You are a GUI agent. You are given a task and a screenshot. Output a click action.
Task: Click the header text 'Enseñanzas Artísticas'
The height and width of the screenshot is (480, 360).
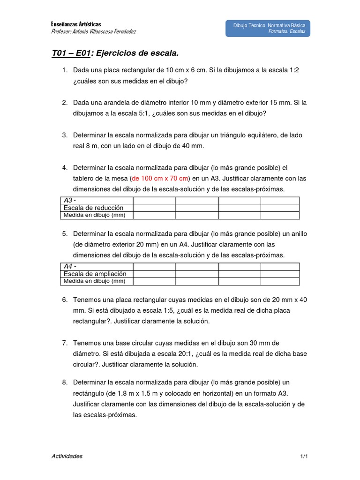[75, 24]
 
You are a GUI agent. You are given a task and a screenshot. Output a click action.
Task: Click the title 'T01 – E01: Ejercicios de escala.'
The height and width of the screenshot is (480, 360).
[115, 53]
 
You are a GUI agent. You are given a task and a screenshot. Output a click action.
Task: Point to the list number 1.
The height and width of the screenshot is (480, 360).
[64, 70]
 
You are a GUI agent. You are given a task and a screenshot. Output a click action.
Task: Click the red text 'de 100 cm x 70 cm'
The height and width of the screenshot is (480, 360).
[160, 178]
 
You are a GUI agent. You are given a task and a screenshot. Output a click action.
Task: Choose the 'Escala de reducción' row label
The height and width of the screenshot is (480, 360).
[93, 208]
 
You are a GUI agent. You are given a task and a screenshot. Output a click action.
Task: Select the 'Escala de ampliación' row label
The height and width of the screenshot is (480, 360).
[95, 274]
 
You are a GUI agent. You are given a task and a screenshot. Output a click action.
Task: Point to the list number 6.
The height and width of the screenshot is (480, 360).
[65, 300]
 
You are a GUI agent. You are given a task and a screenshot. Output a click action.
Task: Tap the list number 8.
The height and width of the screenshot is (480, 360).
[65, 382]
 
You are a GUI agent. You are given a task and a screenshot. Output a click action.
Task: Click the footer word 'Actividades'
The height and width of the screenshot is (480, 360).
[67, 456]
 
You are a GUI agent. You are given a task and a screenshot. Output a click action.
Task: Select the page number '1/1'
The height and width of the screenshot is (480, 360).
[304, 456]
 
